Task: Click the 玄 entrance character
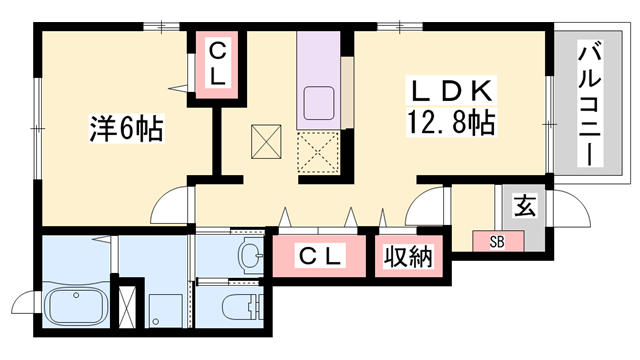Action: [523, 206]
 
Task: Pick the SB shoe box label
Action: [497, 241]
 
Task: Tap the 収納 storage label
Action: [407, 256]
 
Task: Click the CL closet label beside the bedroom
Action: [219, 61]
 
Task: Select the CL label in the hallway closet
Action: [321, 257]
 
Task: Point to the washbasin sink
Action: [246, 257]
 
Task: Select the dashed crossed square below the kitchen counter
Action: [319, 154]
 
